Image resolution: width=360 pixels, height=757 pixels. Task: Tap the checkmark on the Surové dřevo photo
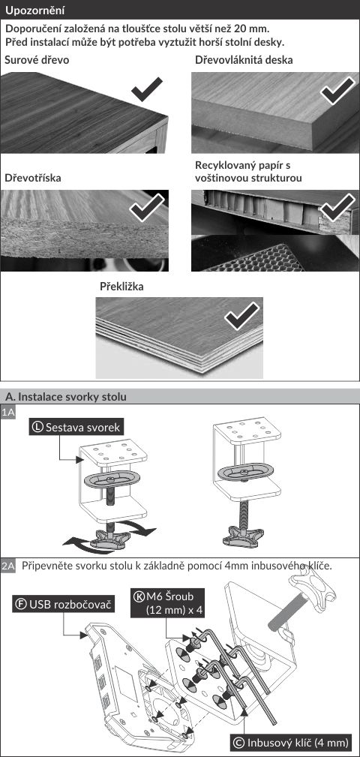pos(147,89)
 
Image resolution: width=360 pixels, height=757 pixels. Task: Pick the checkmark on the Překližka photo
pos(242,316)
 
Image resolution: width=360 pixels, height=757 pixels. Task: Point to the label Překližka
pos(121,287)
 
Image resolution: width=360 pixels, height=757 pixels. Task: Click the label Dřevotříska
pos(33,178)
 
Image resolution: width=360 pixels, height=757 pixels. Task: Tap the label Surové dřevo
pos(37,60)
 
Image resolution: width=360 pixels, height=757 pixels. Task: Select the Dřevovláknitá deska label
pos(244,60)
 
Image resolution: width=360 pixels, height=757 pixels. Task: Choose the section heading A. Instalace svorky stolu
pos(66,397)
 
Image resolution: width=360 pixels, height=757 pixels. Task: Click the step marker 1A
pos(8,412)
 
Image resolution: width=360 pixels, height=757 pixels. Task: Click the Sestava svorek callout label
pos(76,427)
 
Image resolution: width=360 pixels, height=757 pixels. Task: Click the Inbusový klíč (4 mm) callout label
pos(290,742)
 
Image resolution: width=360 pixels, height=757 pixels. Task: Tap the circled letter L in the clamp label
pos(37,427)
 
